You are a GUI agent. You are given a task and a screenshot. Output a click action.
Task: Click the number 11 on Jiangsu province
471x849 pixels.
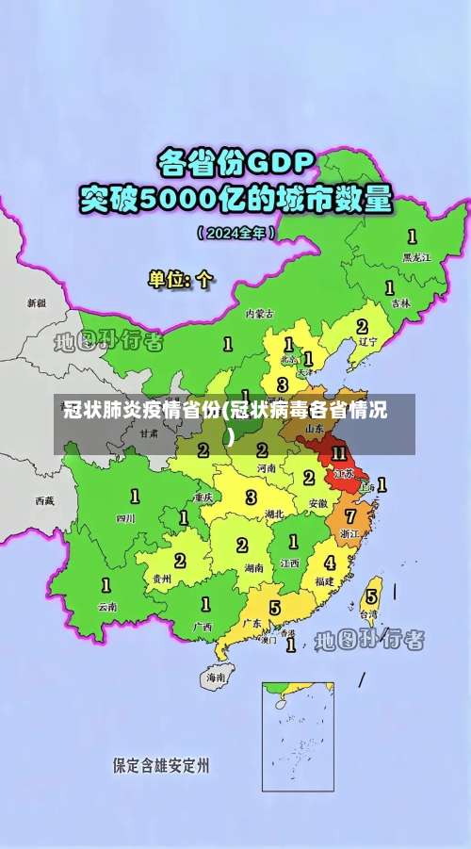(340, 453)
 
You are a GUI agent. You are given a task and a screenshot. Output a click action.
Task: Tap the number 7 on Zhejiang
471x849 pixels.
(351, 515)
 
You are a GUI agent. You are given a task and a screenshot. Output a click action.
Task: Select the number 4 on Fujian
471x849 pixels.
(329, 563)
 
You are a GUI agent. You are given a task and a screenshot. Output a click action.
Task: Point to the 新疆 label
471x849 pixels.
(36, 303)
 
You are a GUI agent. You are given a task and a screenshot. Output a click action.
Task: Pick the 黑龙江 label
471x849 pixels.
(415, 255)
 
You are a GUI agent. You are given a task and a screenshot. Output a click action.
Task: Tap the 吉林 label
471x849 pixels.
(401, 303)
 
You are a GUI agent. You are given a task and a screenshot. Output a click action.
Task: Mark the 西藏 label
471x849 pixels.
(44, 500)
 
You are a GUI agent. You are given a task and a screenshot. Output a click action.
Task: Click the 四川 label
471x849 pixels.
(125, 517)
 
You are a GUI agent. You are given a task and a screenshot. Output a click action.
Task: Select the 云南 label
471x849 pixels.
(106, 607)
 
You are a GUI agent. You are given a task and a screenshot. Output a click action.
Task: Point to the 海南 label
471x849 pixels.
(216, 677)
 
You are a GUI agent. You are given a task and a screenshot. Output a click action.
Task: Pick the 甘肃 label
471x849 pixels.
(149, 434)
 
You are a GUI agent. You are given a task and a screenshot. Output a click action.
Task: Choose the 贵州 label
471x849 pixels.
(161, 580)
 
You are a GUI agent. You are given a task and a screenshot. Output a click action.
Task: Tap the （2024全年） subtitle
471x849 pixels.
(235, 232)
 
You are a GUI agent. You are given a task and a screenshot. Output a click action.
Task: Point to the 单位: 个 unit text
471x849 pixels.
(182, 279)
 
